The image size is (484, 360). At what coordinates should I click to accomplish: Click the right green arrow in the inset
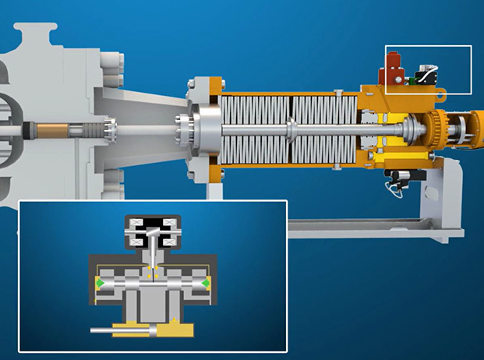205,282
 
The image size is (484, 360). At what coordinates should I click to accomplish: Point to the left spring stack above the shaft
253,108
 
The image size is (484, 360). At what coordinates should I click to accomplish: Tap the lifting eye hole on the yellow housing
442,97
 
